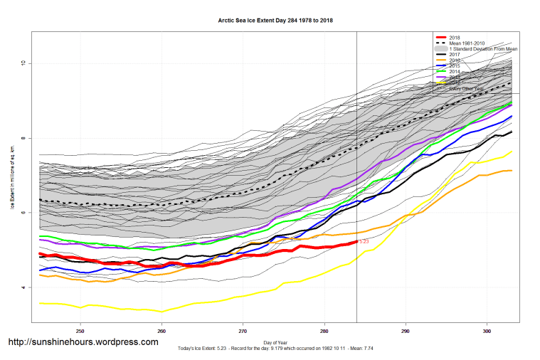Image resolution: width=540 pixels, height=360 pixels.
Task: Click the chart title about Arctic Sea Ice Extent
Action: pyautogui.click(x=275, y=21)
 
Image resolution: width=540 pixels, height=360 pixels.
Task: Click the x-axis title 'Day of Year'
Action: pyautogui.click(x=275, y=343)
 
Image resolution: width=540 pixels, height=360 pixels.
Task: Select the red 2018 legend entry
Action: pyautogui.click(x=455, y=37)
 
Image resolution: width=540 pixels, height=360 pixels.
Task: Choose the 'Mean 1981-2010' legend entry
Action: pyautogui.click(x=470, y=43)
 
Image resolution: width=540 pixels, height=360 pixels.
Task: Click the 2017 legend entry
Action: pyautogui.click(x=455, y=55)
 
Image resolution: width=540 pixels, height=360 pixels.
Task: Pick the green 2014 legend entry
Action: pyautogui.click(x=455, y=72)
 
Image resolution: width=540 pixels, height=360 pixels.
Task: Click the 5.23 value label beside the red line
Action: pyautogui.click(x=364, y=242)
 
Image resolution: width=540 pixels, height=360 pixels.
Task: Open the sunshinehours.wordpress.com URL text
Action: pyautogui.click(x=83, y=342)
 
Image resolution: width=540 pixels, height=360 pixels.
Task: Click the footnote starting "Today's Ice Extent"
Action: pyautogui.click(x=275, y=349)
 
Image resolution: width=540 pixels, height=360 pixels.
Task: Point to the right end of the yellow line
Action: pyautogui.click(x=512, y=152)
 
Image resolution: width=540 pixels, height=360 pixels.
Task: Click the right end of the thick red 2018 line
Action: pyautogui.click(x=356, y=242)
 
